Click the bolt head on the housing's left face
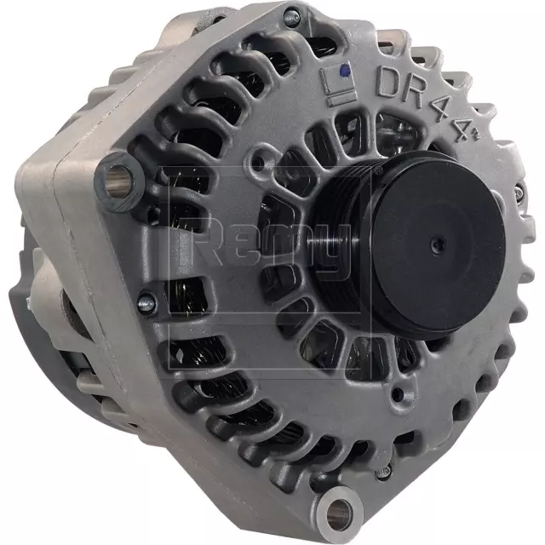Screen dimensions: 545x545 (145, 301)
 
